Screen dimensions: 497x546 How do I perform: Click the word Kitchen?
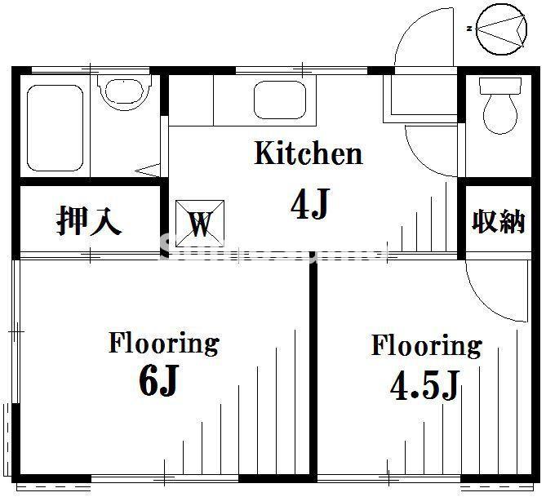click(308, 153)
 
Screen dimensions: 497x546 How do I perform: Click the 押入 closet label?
click(89, 220)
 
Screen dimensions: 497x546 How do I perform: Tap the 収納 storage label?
click(498, 220)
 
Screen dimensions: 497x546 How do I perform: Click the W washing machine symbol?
click(200, 220)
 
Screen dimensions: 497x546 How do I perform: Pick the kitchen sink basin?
click(278, 100)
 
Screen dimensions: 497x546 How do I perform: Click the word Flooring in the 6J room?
click(163, 343)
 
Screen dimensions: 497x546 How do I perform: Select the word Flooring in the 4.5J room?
click(426, 345)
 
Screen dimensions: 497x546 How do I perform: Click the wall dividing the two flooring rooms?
click(313, 367)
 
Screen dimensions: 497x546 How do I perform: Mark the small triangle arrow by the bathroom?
click(149, 171)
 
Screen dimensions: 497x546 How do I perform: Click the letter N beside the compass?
click(470, 29)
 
